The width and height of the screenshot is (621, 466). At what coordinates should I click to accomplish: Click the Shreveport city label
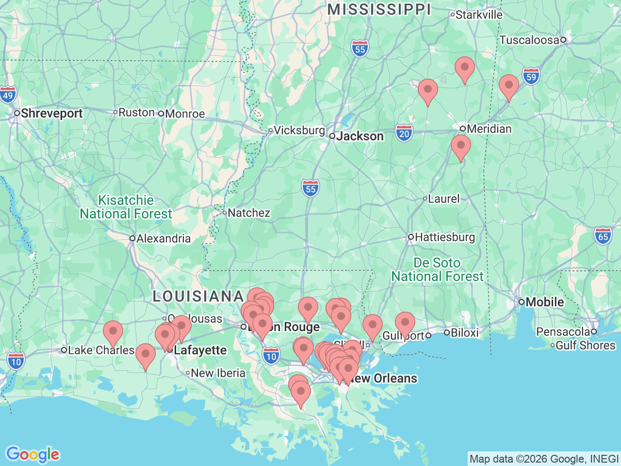51,114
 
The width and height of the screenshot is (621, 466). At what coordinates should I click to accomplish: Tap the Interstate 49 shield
8,95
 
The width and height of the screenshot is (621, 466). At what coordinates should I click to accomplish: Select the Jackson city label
360,136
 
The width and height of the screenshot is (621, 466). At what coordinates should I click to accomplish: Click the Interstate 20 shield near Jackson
404,133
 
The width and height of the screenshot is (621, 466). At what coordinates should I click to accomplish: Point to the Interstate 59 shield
531,77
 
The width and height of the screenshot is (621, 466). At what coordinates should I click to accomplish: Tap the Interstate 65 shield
603,236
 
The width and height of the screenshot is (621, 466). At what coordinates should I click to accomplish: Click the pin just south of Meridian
460,146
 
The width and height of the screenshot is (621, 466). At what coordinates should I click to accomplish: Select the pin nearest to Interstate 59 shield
508,86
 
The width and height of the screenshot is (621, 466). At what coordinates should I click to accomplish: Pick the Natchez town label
248,213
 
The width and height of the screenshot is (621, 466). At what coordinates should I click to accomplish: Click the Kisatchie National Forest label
126,207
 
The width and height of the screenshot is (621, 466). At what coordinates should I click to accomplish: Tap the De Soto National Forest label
437,270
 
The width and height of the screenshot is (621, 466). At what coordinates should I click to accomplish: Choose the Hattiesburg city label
444,237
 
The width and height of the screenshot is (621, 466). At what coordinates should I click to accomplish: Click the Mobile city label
544,302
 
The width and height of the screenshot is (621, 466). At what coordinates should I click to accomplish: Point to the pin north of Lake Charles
113,332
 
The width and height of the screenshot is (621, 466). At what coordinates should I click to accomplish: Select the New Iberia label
218,373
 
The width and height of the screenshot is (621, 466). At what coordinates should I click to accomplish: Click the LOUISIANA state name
198,296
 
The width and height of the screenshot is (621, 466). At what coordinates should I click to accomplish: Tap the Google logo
32,455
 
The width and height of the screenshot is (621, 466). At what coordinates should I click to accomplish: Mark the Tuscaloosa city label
529,40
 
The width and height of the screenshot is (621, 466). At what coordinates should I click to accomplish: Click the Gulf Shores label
585,345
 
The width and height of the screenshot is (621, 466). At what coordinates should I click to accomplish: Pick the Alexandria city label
163,239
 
